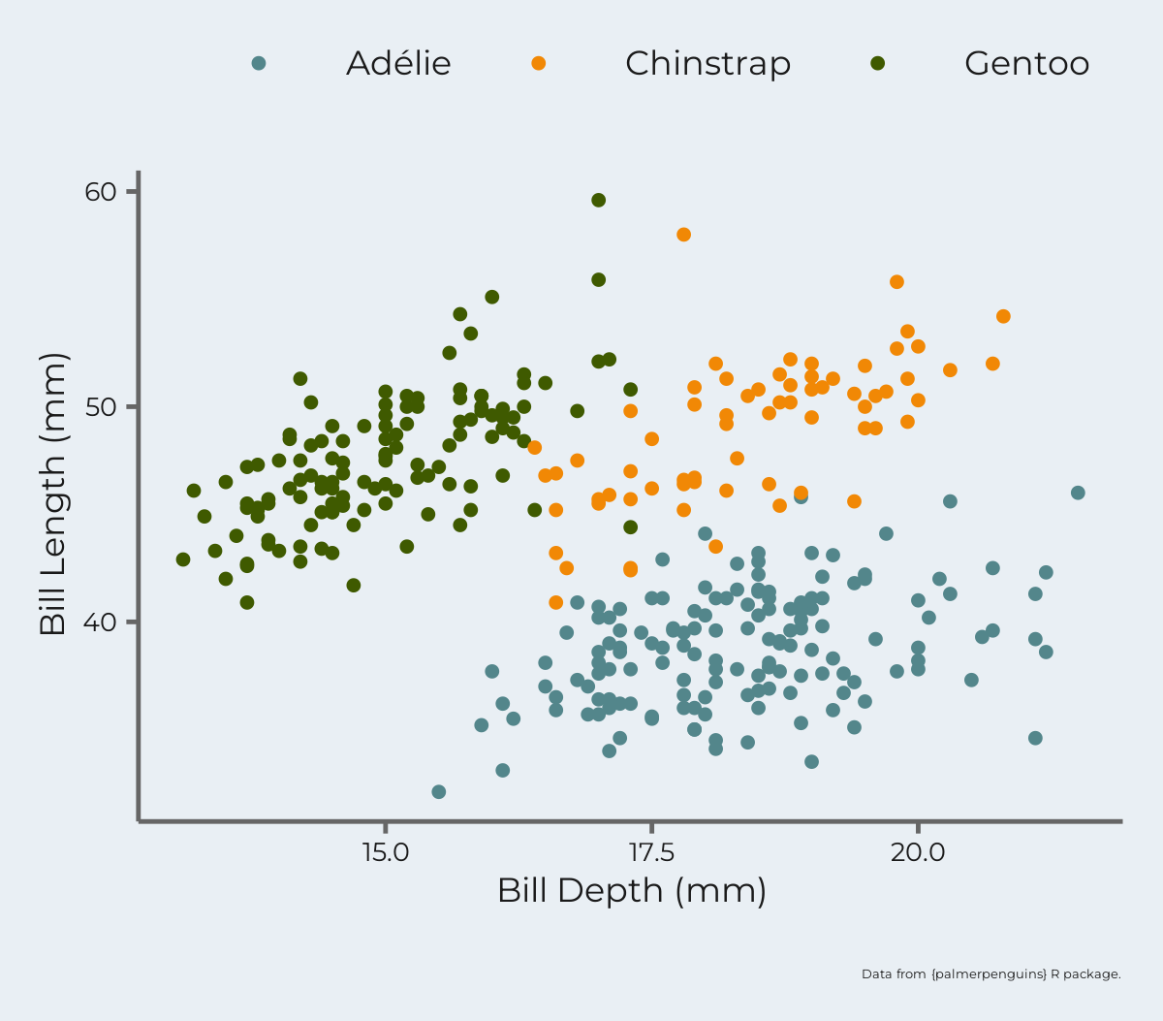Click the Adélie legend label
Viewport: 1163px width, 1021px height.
click(398, 64)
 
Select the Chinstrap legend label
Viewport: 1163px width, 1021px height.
click(707, 64)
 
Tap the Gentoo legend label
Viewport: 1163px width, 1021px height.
click(1026, 64)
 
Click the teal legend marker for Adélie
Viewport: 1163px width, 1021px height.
click(259, 64)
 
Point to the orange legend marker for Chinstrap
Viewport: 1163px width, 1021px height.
click(539, 64)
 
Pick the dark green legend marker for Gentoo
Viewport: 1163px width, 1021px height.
click(878, 64)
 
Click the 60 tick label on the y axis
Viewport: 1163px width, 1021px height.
click(100, 192)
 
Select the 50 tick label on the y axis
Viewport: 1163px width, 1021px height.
click(100, 406)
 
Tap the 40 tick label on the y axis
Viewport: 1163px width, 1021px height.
click(100, 622)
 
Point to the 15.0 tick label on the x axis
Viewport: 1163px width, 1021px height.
click(386, 853)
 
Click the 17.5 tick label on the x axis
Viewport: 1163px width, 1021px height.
click(651, 853)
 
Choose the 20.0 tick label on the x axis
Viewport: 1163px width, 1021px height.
click(917, 853)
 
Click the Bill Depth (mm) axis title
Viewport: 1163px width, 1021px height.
click(632, 891)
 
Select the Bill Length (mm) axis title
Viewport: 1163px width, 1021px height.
click(54, 495)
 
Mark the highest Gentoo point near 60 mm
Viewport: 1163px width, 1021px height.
click(599, 201)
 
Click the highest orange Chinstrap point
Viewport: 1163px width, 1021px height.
click(684, 235)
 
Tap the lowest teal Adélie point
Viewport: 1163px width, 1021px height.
click(439, 792)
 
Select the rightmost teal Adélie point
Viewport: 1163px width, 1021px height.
click(1078, 494)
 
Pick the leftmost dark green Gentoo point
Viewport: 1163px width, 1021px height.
click(183, 559)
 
